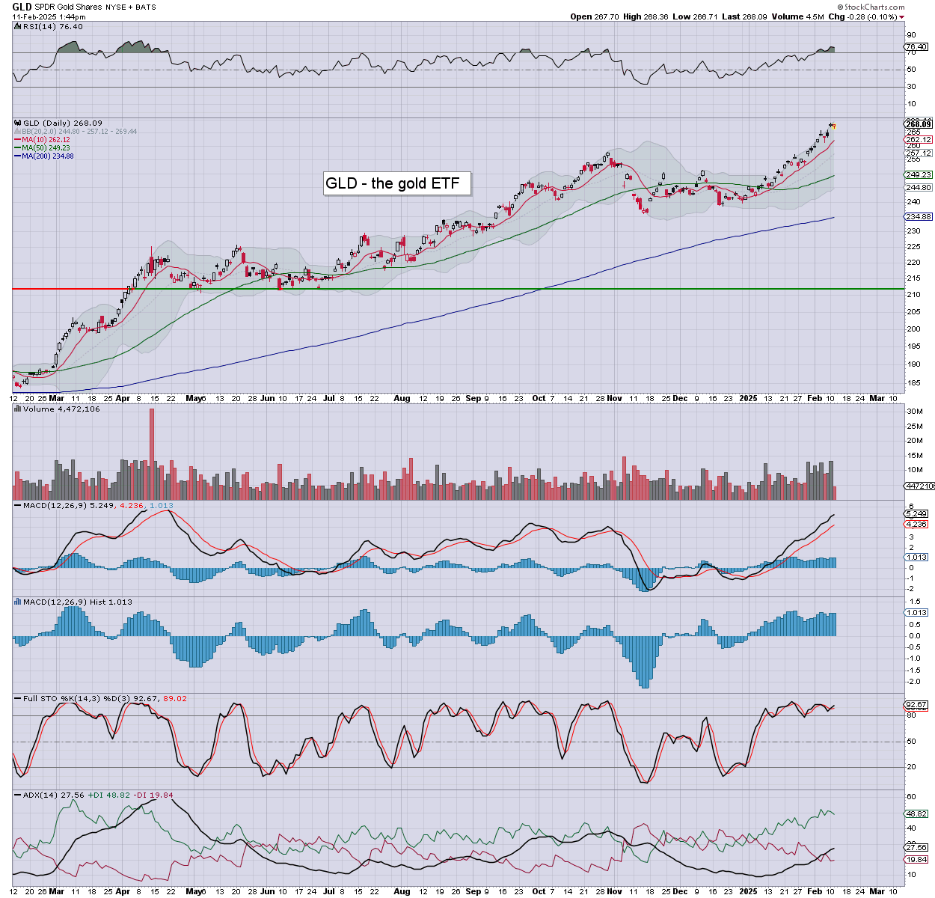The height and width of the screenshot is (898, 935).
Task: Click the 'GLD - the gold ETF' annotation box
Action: point(396,183)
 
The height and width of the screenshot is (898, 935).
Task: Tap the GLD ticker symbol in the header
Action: point(22,7)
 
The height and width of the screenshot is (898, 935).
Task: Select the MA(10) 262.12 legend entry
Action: point(46,139)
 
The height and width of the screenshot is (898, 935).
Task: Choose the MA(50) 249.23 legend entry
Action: point(46,147)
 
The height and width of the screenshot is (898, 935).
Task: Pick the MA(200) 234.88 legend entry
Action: point(47,156)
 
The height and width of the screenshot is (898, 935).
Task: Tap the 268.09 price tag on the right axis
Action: point(918,124)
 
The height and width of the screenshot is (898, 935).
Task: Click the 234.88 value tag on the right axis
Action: point(918,216)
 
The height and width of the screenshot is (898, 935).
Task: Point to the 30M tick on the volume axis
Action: point(914,412)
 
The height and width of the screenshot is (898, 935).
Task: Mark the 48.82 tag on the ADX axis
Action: point(917,813)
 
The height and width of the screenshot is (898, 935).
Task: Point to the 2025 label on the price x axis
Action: point(748,399)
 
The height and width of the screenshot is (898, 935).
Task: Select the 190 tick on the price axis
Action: point(913,364)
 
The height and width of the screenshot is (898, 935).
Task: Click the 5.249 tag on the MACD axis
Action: point(917,514)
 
